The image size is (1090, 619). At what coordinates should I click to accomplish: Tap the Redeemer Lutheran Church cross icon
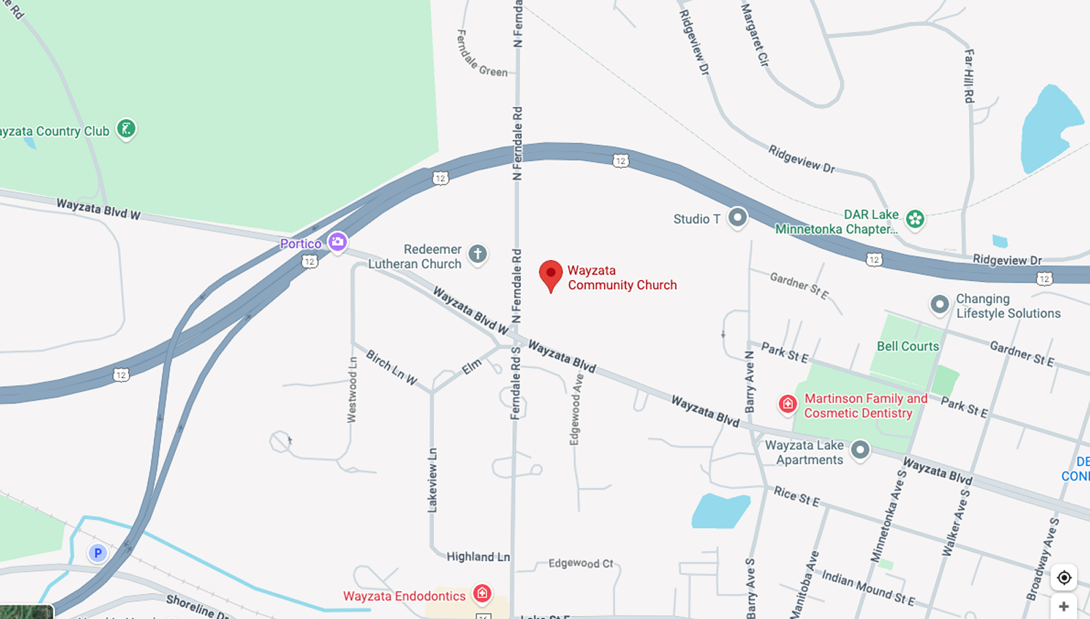(478, 255)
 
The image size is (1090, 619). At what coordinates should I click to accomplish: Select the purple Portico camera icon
(337, 242)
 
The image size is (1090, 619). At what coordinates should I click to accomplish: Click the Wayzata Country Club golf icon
(126, 128)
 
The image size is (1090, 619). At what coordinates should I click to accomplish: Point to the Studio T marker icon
(737, 218)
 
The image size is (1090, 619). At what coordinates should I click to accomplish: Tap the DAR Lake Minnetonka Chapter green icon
(915, 219)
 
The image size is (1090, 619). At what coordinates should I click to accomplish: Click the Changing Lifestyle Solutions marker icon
(939, 304)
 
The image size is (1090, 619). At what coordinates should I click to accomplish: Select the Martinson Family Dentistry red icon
(787, 404)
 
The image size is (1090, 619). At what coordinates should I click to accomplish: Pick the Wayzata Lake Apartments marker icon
(860, 450)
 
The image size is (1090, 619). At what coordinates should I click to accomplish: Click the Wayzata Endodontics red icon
(482, 593)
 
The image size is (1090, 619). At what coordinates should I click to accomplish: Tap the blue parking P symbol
(98, 553)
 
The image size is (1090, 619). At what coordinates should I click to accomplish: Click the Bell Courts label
(908, 346)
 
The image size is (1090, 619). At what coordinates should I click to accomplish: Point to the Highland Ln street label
(478, 557)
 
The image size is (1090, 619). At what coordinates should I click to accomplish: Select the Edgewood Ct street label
(581, 564)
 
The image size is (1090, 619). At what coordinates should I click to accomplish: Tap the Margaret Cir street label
(755, 34)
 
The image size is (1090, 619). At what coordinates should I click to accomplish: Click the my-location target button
(1064, 577)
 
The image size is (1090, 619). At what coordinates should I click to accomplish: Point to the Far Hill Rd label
(969, 75)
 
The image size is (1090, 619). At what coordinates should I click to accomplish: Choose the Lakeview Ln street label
(433, 480)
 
